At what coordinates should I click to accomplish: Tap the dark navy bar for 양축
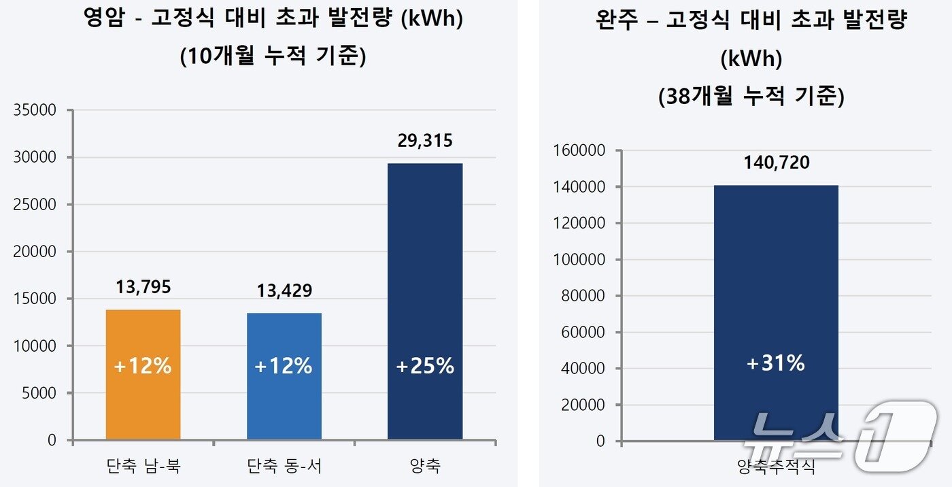pyautogui.click(x=424, y=286)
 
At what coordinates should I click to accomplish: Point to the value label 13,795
pyautogui.click(x=143, y=287)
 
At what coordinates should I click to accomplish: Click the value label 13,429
pyautogui.click(x=284, y=291)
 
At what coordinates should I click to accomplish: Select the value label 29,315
pyautogui.click(x=424, y=141)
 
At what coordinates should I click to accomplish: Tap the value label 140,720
pyautogui.click(x=776, y=163)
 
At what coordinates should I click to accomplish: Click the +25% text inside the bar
pyautogui.click(x=424, y=367)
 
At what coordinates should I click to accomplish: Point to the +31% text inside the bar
pyautogui.click(x=775, y=364)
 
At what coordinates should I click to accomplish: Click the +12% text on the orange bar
pyautogui.click(x=143, y=367)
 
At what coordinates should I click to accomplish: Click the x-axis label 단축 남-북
pyautogui.click(x=143, y=467)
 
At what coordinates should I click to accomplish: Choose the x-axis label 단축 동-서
pyautogui.click(x=284, y=467)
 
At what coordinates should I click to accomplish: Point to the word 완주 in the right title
pyautogui.click(x=617, y=20)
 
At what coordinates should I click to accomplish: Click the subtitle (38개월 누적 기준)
pyautogui.click(x=751, y=97)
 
